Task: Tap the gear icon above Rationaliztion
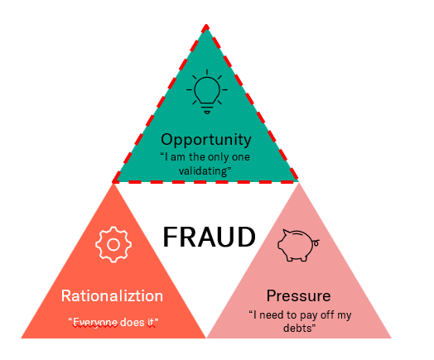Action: coord(114,244)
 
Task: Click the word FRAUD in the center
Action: coord(208,238)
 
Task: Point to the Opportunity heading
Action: coord(205,139)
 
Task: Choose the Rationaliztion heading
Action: coord(113,295)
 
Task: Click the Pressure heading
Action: coord(298,295)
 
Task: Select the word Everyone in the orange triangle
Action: coord(94,322)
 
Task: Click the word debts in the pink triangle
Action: coord(298,329)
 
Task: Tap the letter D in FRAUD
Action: coord(246,238)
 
